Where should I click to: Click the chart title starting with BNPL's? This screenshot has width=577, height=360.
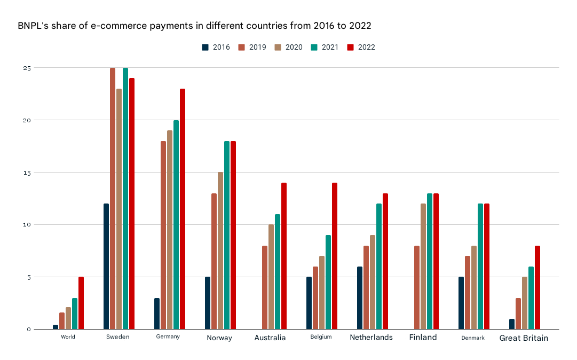pos(194,26)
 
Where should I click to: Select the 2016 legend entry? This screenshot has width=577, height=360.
pos(216,47)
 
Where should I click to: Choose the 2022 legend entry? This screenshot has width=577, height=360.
pos(361,47)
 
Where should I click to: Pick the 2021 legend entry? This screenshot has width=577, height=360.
pos(325,47)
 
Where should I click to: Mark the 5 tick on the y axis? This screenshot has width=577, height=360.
pos(29,277)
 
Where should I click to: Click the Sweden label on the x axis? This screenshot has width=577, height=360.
pos(118,337)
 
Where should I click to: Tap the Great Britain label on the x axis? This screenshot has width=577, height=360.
pos(524,338)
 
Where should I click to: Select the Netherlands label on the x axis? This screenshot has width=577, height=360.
pos(371,337)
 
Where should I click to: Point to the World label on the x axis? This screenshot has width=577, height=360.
pos(68,337)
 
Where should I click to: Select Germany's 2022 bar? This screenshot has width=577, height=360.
pos(183,209)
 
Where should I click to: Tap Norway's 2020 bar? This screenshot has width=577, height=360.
pos(220,251)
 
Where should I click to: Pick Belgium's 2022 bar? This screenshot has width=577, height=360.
pos(335,256)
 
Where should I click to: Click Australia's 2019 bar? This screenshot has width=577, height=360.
pos(265,287)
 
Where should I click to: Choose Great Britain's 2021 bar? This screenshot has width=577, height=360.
pos(531,298)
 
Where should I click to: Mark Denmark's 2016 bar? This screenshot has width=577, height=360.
pos(461,303)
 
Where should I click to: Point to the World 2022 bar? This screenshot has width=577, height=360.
pos(81,303)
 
